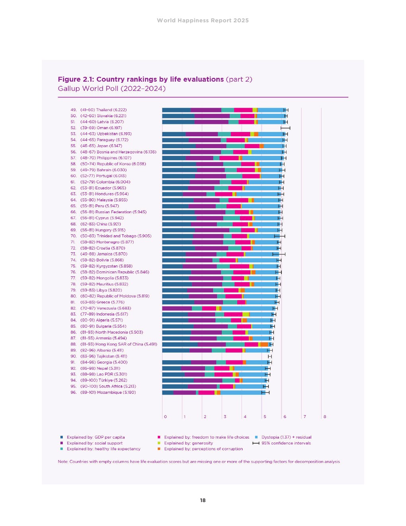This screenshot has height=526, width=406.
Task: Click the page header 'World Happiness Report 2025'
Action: coord(203,20)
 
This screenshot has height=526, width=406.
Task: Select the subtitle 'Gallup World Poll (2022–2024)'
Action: coord(111,88)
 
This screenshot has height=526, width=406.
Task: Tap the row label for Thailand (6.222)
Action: coord(103,110)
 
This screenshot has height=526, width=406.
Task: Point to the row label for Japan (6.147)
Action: coord(101,146)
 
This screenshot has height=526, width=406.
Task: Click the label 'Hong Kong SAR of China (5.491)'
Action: coord(119,344)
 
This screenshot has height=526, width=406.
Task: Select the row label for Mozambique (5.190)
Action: coord(108,393)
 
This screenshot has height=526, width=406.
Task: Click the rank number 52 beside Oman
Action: coord(73,128)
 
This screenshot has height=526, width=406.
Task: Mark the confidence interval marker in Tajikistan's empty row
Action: coord(270,356)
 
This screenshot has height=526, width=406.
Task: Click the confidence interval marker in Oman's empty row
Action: coord(285,128)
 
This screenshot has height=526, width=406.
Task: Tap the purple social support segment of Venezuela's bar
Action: coord(177,308)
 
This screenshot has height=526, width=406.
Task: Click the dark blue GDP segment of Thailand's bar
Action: coord(176,110)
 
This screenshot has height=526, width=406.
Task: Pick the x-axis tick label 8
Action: coord(325,417)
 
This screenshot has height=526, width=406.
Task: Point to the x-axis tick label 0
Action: coord(166,417)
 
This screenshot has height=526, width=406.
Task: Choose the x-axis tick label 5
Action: coord(265,417)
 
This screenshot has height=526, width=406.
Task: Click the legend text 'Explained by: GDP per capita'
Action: coord(96,437)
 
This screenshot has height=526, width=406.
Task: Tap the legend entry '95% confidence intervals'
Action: coord(286,443)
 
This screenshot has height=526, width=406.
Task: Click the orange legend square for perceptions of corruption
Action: coord(159,449)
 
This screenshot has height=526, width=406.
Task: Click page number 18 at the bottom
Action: coord(203,500)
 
